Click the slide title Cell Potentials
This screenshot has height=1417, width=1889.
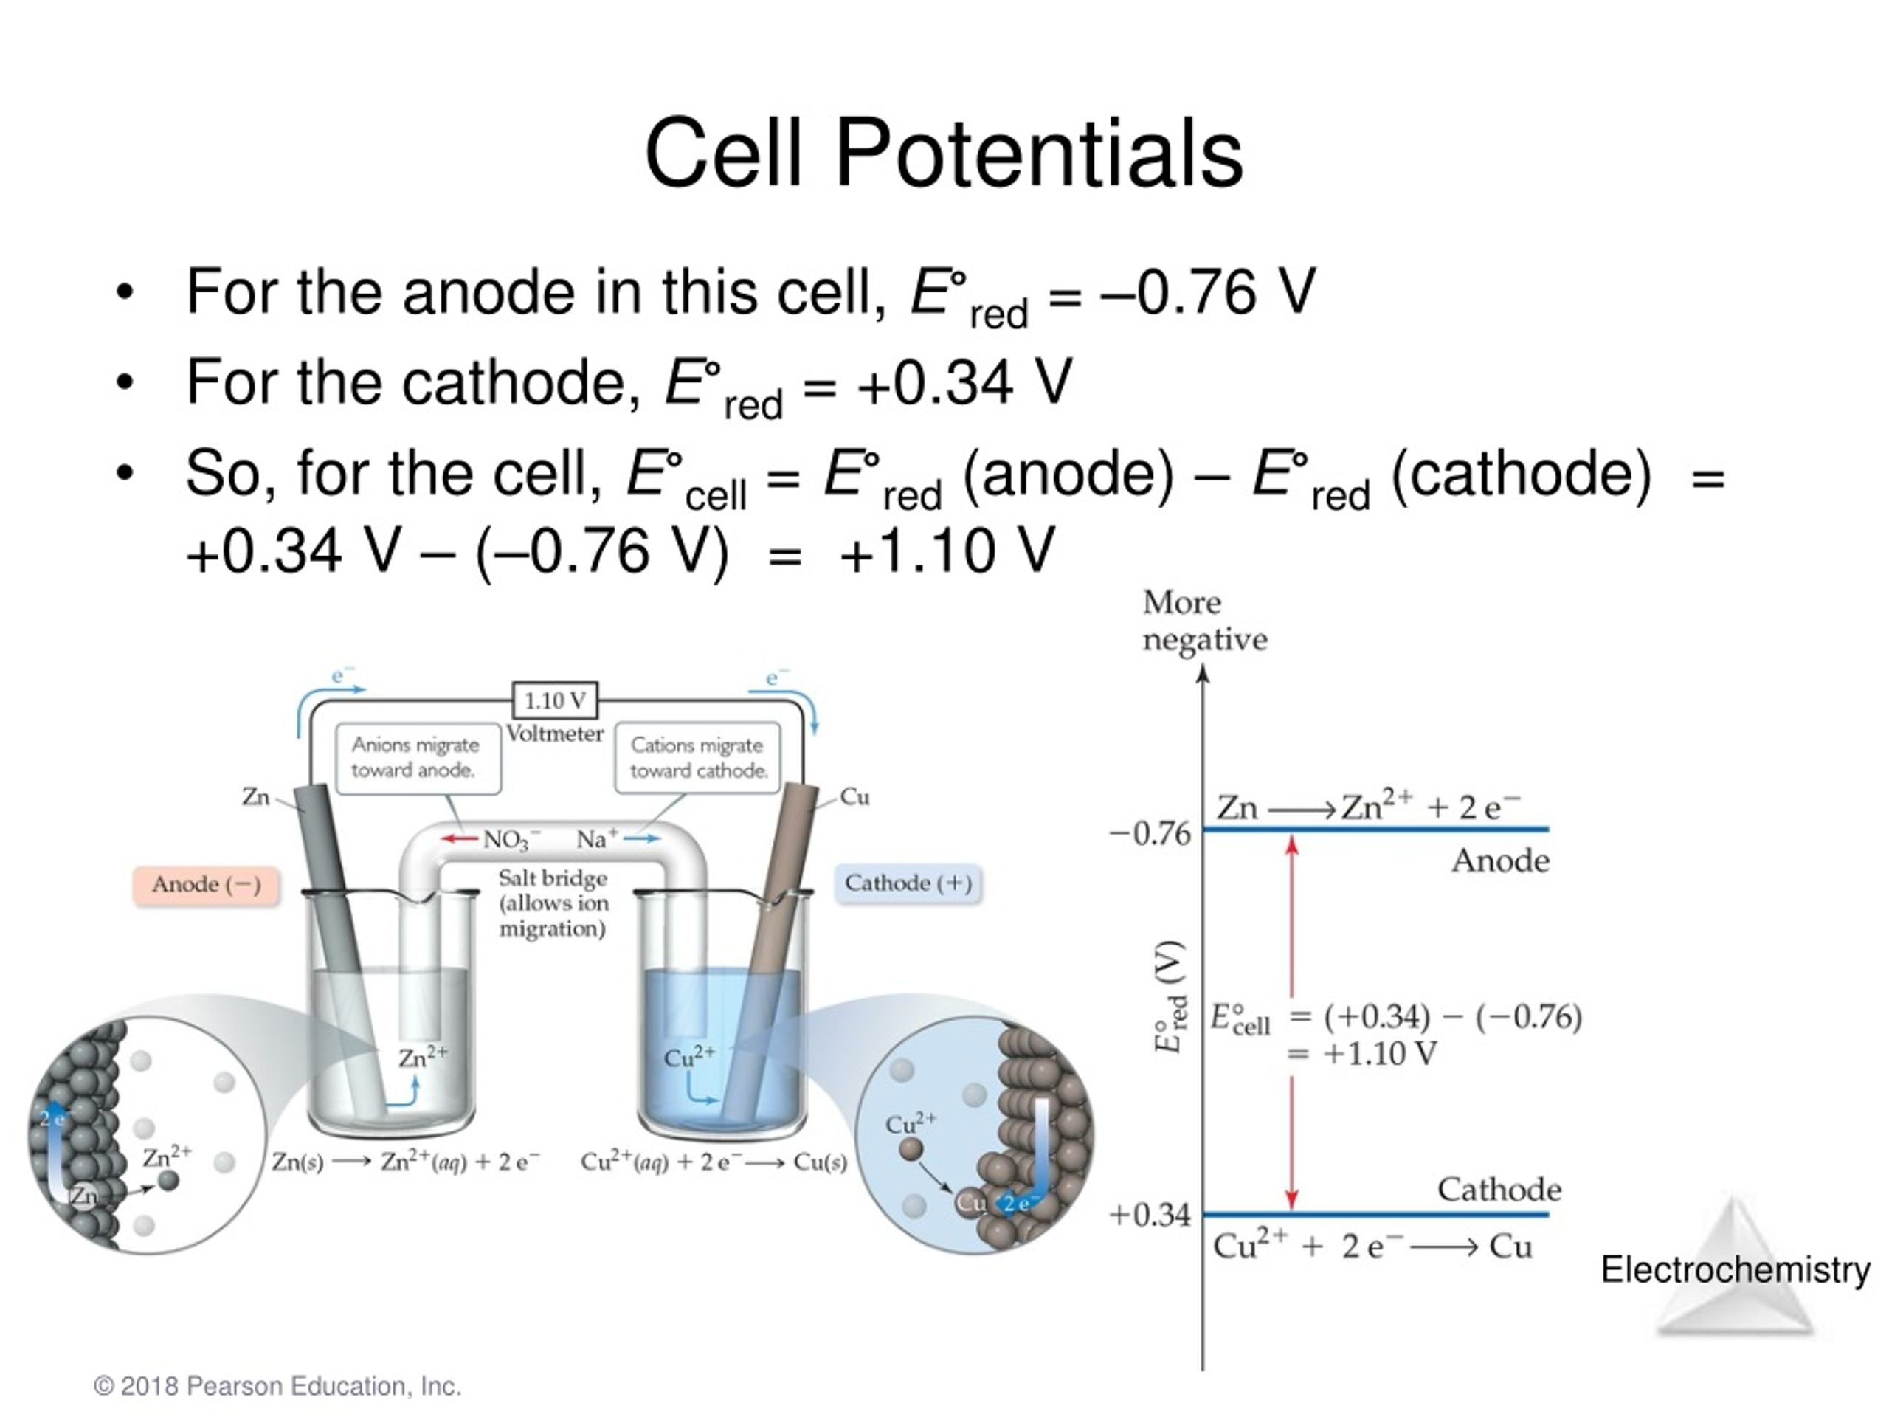click(943, 154)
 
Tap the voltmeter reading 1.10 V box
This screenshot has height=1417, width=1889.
click(555, 700)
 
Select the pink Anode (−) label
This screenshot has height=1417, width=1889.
click(206, 884)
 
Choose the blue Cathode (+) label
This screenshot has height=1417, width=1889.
click(908, 883)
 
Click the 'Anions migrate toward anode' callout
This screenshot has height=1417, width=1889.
click(417, 758)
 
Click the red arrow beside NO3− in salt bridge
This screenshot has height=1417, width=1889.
click(460, 838)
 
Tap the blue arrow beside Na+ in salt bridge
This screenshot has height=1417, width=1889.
click(642, 838)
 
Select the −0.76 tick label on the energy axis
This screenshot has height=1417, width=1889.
click(1150, 834)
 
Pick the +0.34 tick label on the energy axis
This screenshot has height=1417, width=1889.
click(1150, 1215)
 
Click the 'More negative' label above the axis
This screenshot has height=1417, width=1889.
click(1204, 621)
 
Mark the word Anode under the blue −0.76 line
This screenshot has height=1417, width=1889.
click(1500, 861)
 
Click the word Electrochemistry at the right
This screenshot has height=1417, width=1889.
click(1736, 1270)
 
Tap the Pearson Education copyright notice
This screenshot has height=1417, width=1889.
click(277, 1385)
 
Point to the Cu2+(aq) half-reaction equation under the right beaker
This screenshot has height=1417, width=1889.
click(713, 1162)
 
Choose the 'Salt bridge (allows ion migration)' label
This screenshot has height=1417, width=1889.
click(553, 903)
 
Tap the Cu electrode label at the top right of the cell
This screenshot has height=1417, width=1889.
click(854, 797)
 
